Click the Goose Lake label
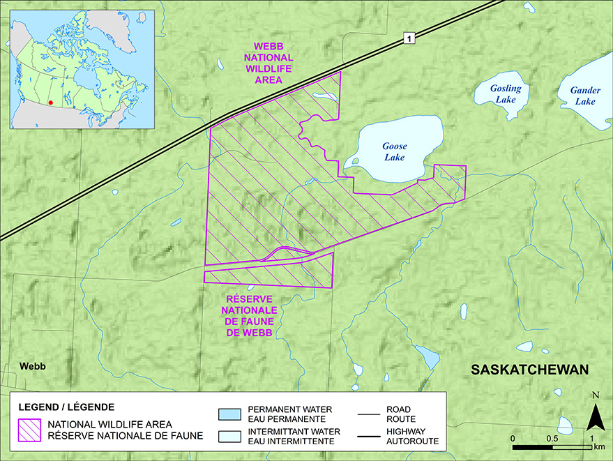[x=394, y=151]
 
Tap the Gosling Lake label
[x=500, y=94]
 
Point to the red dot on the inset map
[x=51, y=102]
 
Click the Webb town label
[x=32, y=365]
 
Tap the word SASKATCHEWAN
[x=530, y=369]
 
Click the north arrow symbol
[x=594, y=418]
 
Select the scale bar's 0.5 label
[x=552, y=437]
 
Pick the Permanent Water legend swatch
[x=230, y=412]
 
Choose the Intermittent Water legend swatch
[x=230, y=437]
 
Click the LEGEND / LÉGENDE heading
[x=66, y=406]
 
